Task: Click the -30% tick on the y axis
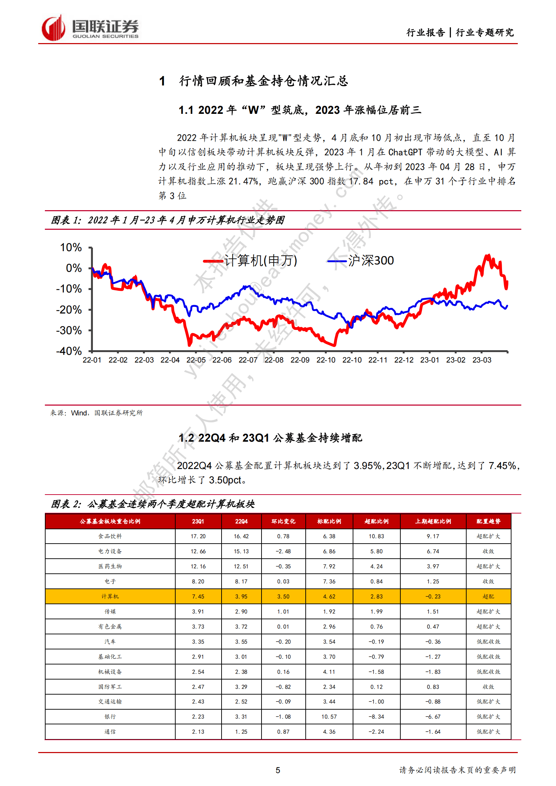pyautogui.click(x=69, y=330)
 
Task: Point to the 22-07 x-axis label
pyautogui.click(x=248, y=360)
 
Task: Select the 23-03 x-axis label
pyautogui.click(x=482, y=360)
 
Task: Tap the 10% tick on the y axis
pyautogui.click(x=71, y=248)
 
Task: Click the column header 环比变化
pyautogui.click(x=283, y=521)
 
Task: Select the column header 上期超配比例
pyautogui.click(x=433, y=521)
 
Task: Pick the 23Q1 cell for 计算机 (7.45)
pyautogui.click(x=198, y=597)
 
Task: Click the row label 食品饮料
pyautogui.click(x=110, y=536)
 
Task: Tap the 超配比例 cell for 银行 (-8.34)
pyautogui.click(x=376, y=717)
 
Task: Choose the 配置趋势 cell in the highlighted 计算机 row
pyautogui.click(x=488, y=597)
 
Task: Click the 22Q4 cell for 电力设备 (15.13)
pyautogui.click(x=241, y=551)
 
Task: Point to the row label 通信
pyautogui.click(x=110, y=732)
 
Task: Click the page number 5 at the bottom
pyautogui.click(x=278, y=770)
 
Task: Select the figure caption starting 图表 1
pyautogui.click(x=168, y=220)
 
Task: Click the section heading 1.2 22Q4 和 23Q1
pyautogui.click(x=270, y=438)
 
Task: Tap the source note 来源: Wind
pyautogui.click(x=96, y=413)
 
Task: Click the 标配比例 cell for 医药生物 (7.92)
pyautogui.click(x=329, y=566)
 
